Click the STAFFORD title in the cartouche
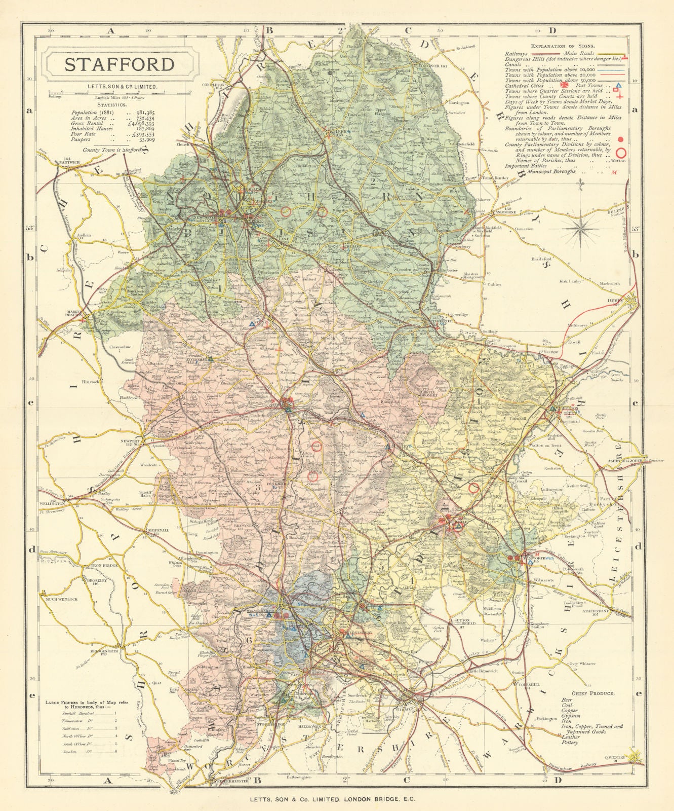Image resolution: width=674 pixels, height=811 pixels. [x=119, y=64]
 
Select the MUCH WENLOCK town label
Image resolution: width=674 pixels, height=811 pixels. [x=61, y=600]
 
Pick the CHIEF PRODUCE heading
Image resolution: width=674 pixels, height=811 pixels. [x=593, y=693]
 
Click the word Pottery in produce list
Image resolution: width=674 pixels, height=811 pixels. [x=570, y=743]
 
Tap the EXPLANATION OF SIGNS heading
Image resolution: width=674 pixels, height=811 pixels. [x=563, y=46]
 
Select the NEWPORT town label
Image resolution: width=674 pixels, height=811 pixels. [x=129, y=441]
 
